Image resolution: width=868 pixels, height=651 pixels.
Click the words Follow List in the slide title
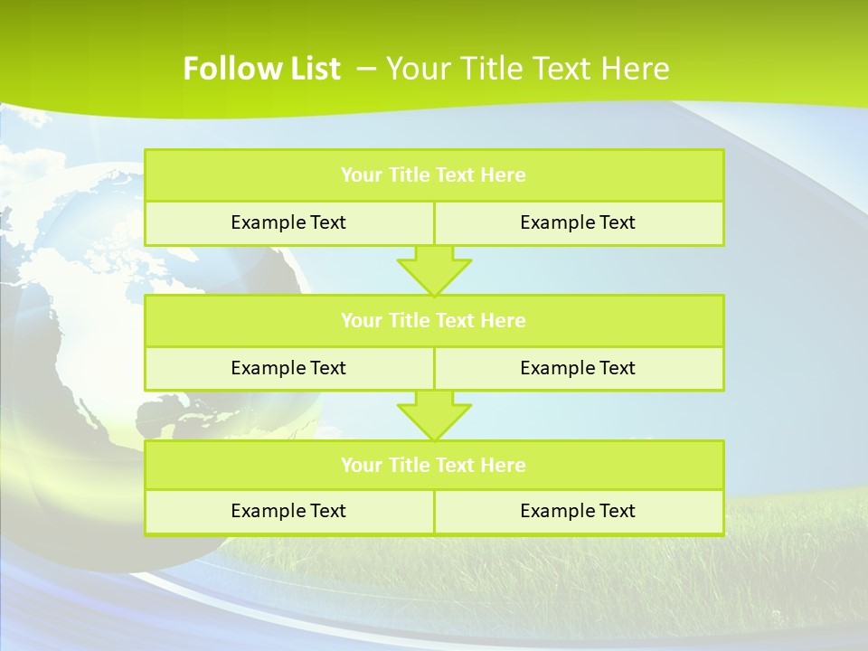[x=261, y=69]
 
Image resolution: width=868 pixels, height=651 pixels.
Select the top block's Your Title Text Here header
[x=433, y=175]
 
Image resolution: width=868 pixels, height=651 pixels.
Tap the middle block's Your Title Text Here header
[x=433, y=321]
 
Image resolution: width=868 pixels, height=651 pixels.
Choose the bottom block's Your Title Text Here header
[x=433, y=466]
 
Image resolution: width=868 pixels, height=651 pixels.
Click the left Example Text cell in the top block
[x=288, y=222]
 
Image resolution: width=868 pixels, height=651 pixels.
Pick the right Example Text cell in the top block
[x=578, y=222]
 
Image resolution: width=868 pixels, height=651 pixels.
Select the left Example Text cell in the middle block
[x=288, y=368]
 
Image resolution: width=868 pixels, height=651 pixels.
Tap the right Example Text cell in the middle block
[x=578, y=368]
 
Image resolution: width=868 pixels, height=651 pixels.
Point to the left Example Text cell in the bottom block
[x=288, y=511]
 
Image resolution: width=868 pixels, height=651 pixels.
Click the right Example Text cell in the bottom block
[x=578, y=511]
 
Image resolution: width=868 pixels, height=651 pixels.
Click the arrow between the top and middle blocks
[x=434, y=270]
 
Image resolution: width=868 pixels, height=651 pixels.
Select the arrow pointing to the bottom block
[x=434, y=416]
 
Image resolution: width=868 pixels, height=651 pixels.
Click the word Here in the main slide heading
[x=636, y=69]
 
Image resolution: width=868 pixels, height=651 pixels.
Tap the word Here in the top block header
[x=503, y=175]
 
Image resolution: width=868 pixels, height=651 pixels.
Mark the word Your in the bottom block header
[x=362, y=466]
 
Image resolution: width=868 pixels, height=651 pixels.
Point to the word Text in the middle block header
[x=457, y=321]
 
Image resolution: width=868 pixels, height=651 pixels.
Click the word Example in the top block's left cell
[x=267, y=222]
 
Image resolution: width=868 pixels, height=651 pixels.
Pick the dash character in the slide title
[x=366, y=69]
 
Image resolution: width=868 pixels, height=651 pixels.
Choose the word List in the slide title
[x=316, y=69]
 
